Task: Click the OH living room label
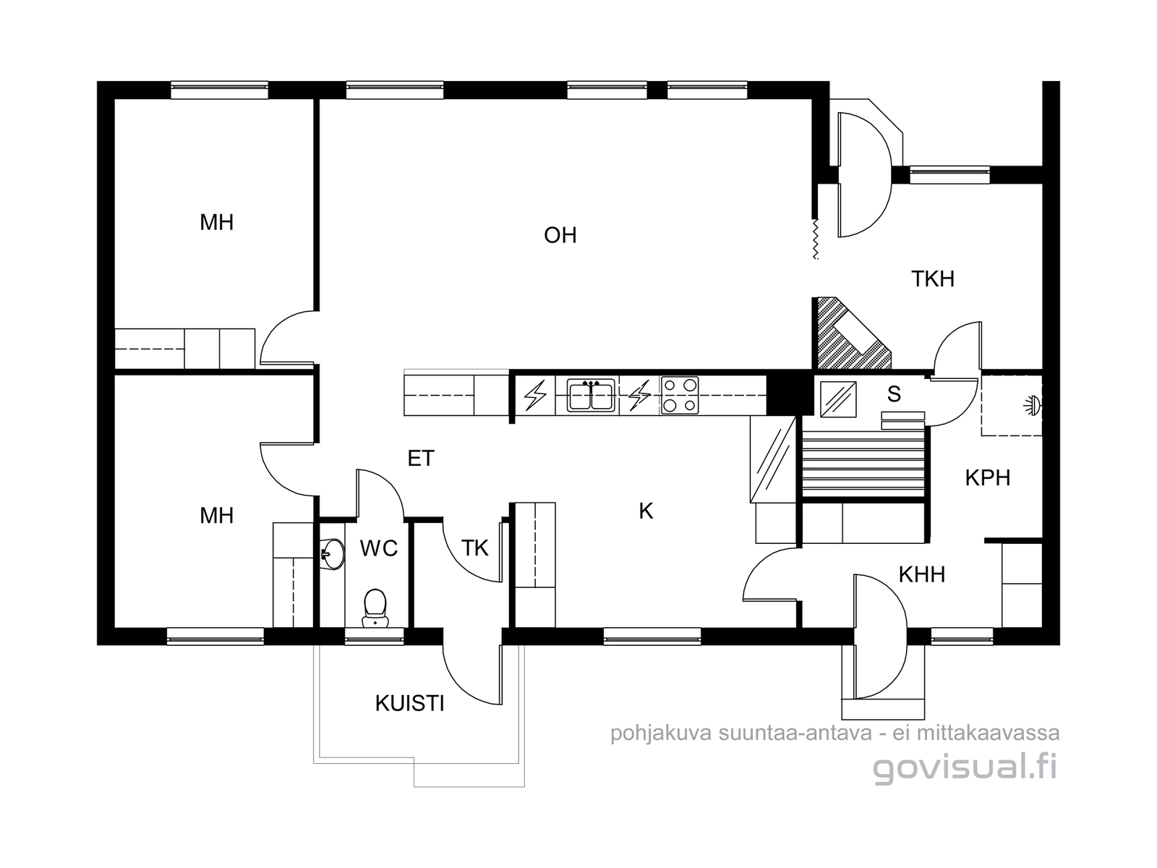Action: pos(560,235)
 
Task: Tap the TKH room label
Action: pos(932,278)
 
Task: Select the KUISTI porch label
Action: pos(409,704)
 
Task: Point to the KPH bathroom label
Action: pos(987,478)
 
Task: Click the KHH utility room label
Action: pos(921,574)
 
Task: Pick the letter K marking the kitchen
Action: pos(646,511)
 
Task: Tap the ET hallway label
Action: pos(421,459)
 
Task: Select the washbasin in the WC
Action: pos(332,554)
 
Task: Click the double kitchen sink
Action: pos(591,395)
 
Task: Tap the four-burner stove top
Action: pos(680,395)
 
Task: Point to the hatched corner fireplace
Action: pos(850,333)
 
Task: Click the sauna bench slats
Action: pos(863,463)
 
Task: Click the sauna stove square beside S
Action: pos(838,399)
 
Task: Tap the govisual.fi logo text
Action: pos(965,768)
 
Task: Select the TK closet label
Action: pos(475,548)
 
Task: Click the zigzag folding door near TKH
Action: pos(816,239)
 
